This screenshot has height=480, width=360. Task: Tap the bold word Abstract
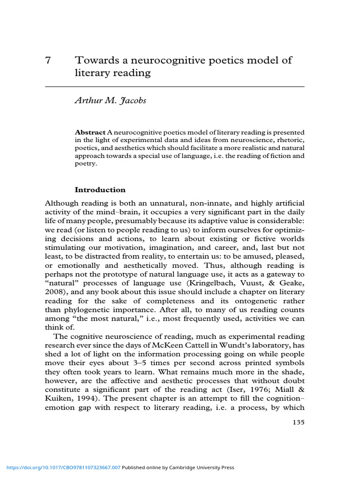point(90,133)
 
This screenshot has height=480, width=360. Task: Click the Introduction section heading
point(100,190)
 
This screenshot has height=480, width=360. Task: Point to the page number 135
point(298,422)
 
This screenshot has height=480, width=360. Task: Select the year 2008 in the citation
point(54,292)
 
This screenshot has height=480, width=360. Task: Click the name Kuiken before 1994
point(59,390)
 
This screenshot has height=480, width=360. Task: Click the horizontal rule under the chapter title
point(175,87)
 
